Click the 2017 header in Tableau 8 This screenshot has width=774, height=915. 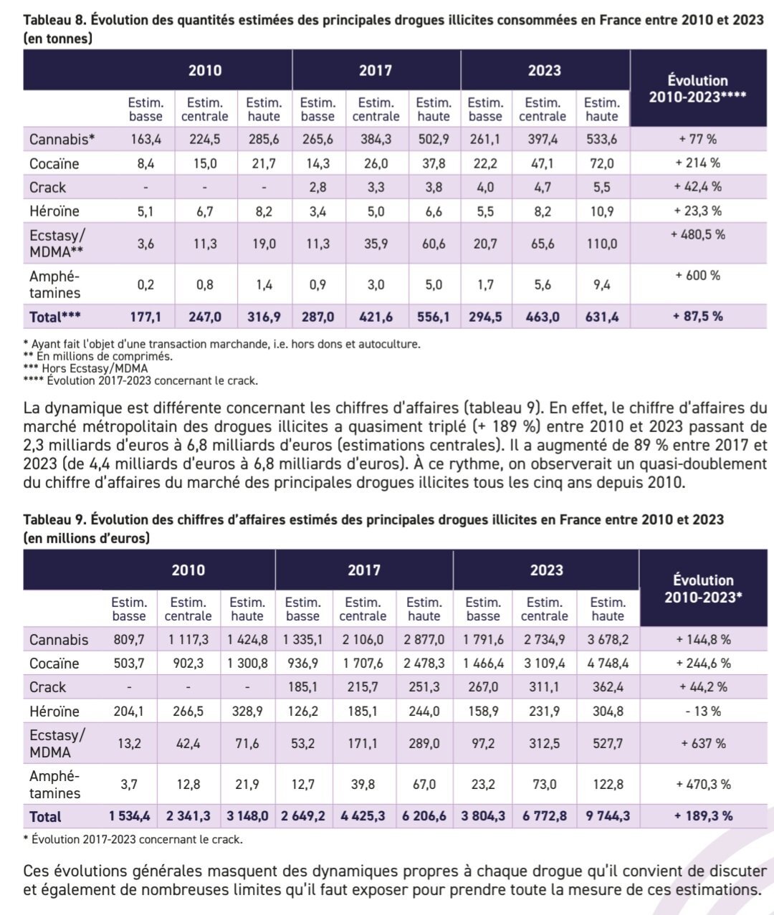375,70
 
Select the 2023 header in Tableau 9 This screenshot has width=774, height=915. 545,570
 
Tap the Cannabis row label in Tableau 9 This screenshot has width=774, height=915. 59,640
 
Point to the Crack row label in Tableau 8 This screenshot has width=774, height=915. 47,187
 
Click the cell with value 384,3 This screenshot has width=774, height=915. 376,140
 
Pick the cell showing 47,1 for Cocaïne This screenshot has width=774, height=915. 542,163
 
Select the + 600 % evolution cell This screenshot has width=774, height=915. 697,275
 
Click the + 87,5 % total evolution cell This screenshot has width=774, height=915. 697,316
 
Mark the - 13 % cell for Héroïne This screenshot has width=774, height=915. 702,712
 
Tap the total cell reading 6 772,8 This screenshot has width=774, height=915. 544,816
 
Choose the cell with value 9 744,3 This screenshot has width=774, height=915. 608,816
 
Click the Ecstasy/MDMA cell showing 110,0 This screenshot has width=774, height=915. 601,244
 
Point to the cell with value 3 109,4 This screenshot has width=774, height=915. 544,664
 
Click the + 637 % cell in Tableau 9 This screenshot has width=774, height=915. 702,744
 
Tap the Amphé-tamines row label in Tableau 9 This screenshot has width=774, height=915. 54,785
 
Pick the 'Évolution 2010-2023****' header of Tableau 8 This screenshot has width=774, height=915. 697,88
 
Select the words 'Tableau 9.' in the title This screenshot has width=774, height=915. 55,519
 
